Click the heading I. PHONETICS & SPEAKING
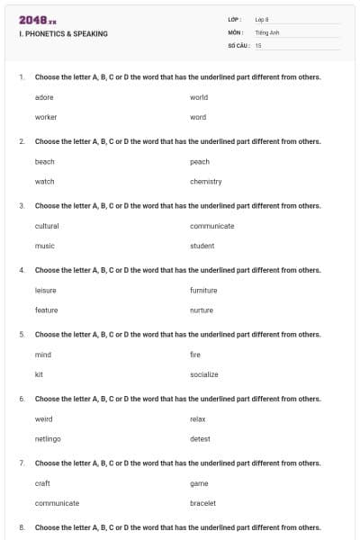pyautogui.click(x=63, y=34)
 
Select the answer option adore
pyautogui.click(x=45, y=97)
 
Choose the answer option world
pyautogui.click(x=199, y=97)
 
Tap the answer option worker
pyautogui.click(x=46, y=117)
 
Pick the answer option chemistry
pyautogui.click(x=206, y=182)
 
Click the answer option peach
pyautogui.click(x=200, y=162)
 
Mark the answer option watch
pyautogui.click(x=45, y=182)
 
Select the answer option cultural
pyautogui.click(x=47, y=226)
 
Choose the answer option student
pyautogui.click(x=202, y=246)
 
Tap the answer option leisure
pyautogui.click(x=46, y=291)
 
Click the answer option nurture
pyautogui.click(x=202, y=310)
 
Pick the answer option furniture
pyautogui.click(x=203, y=291)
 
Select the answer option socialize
pyautogui.click(x=204, y=374)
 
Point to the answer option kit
pyautogui.click(x=39, y=374)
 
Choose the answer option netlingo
pyautogui.click(x=48, y=439)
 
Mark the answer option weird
pyautogui.click(x=44, y=419)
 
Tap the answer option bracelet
pyautogui.click(x=203, y=503)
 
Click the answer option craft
pyautogui.click(x=42, y=483)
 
